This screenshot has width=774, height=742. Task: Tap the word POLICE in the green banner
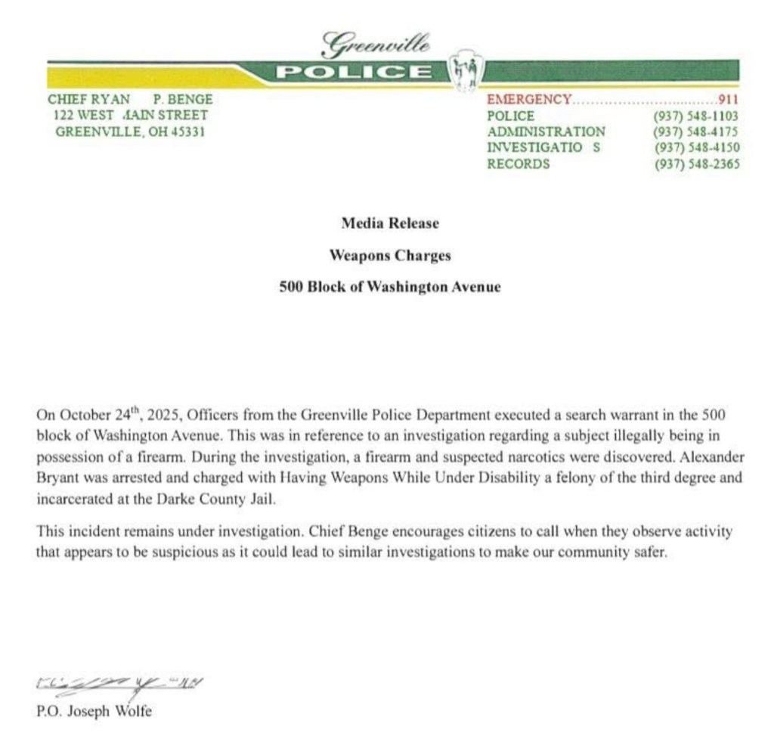[353, 73]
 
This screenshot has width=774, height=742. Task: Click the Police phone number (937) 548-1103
[695, 116]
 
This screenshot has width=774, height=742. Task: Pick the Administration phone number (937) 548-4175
[695, 132]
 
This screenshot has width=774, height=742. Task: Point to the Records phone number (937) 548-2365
[695, 164]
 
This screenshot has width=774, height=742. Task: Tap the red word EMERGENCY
[529, 99]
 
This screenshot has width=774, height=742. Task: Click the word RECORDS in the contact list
[518, 164]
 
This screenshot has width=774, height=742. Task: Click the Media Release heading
[389, 224]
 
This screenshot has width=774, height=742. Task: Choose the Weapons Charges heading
[389, 255]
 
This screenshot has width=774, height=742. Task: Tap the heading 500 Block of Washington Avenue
[389, 287]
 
